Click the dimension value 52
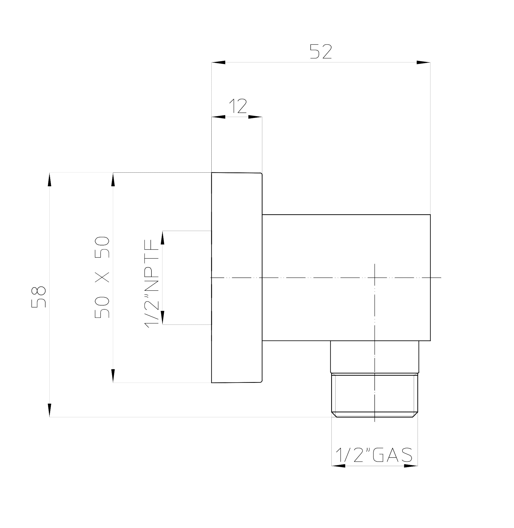pyautogui.click(x=321, y=51)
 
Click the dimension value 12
pyautogui.click(x=238, y=106)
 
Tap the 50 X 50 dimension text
pyautogui.click(x=102, y=277)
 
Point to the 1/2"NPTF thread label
pyautogui.click(x=152, y=284)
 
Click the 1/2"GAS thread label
pyautogui.click(x=374, y=455)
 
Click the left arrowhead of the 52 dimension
pyautogui.click(x=218, y=62)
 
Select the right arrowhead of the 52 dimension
pyautogui.click(x=423, y=62)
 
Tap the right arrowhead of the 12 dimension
pyautogui.click(x=255, y=117)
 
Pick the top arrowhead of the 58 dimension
pyautogui.click(x=49, y=179)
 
